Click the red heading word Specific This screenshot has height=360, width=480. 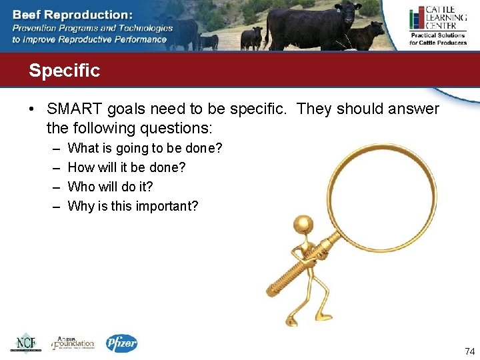64,71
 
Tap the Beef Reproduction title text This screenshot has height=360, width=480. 73,14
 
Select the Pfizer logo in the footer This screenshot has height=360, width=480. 121,343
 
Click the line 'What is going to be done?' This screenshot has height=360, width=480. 145,148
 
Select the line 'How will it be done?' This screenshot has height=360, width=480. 127,167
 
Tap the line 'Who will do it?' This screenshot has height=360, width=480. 110,187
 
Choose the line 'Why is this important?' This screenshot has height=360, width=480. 133,206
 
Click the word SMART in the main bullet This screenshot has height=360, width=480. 71,109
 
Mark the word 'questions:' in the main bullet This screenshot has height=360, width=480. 177,127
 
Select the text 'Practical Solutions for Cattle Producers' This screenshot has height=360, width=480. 438,39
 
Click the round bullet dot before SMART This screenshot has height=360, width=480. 33,109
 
